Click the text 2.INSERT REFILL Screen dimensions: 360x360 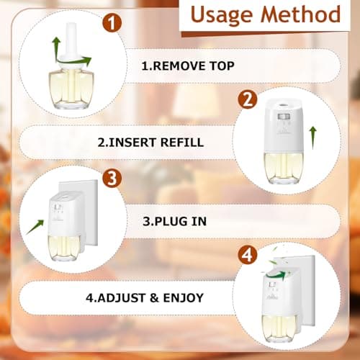(150, 143)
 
